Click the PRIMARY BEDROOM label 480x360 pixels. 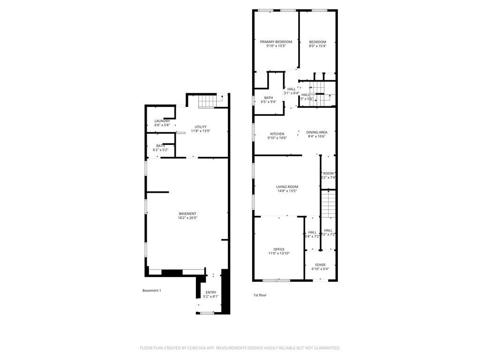click(276, 42)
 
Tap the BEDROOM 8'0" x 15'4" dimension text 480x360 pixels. click(317, 46)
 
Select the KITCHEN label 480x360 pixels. click(277, 133)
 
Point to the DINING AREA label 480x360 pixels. click(317, 132)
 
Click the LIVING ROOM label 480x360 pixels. click(287, 187)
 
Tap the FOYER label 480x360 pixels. click(320, 265)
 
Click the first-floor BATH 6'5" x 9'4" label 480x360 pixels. click(269, 98)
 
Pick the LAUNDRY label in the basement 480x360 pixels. click(162, 121)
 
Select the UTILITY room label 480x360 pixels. click(201, 127)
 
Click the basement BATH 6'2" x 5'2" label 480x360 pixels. click(160, 146)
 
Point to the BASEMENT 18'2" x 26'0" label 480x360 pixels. click(187, 214)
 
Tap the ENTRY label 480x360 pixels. click(210, 292)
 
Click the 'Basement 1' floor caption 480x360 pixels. click(151, 291)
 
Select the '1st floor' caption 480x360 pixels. click(260, 295)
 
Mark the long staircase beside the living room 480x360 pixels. click(329, 203)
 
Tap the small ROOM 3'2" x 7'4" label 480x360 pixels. click(328, 173)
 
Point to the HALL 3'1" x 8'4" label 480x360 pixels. click(292, 89)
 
